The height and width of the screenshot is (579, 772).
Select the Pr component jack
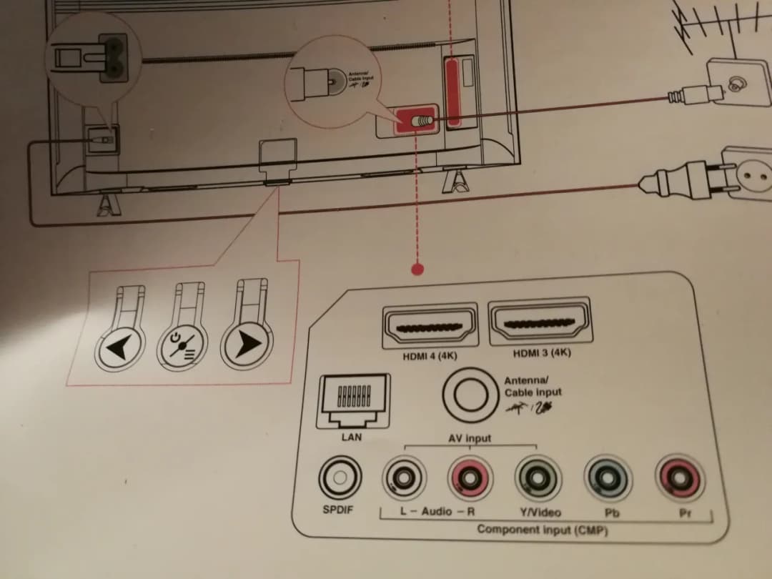pos(679,475)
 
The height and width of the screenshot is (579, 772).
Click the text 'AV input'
pos(470,437)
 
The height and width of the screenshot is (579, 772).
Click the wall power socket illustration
pos(748,173)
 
